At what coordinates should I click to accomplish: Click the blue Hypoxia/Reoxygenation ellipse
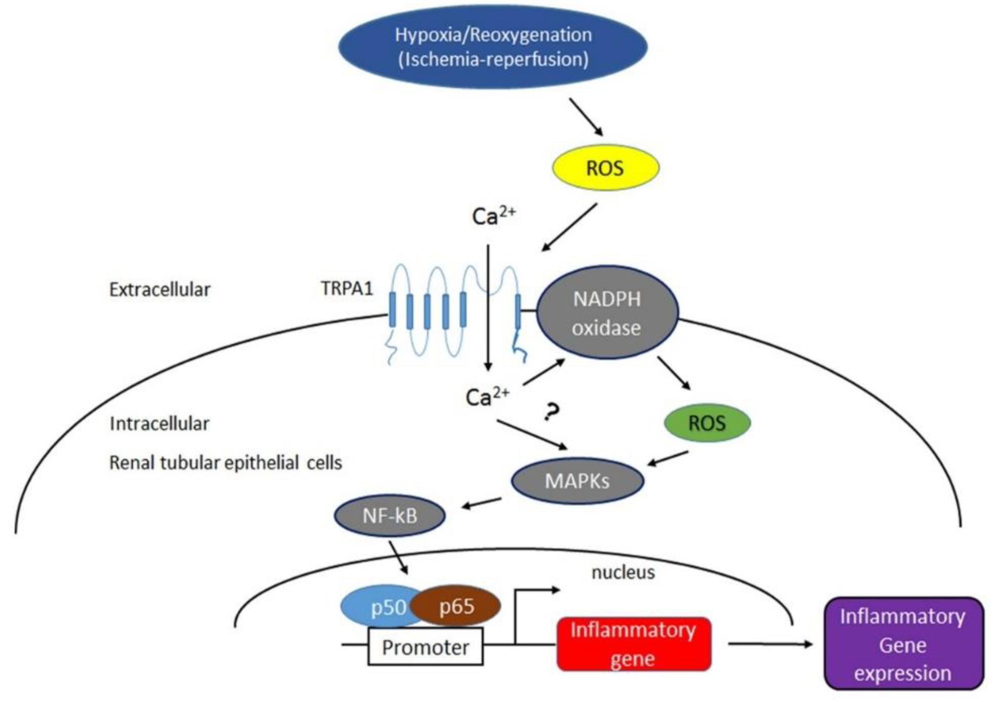tap(493, 47)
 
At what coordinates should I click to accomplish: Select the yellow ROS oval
tap(606, 168)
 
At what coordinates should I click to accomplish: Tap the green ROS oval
tap(707, 423)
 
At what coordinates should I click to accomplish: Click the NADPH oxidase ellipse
tap(607, 313)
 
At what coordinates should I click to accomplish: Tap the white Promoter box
tap(425, 647)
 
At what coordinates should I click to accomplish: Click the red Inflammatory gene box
tap(634, 644)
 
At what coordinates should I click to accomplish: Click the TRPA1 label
tap(347, 288)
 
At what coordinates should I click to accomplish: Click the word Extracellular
tap(160, 290)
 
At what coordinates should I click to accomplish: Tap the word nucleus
tap(623, 573)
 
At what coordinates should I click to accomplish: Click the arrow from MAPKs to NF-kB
tap(482, 503)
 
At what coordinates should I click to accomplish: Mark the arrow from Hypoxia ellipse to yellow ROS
tap(586, 117)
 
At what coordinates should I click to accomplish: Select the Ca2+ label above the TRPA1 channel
tap(493, 215)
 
